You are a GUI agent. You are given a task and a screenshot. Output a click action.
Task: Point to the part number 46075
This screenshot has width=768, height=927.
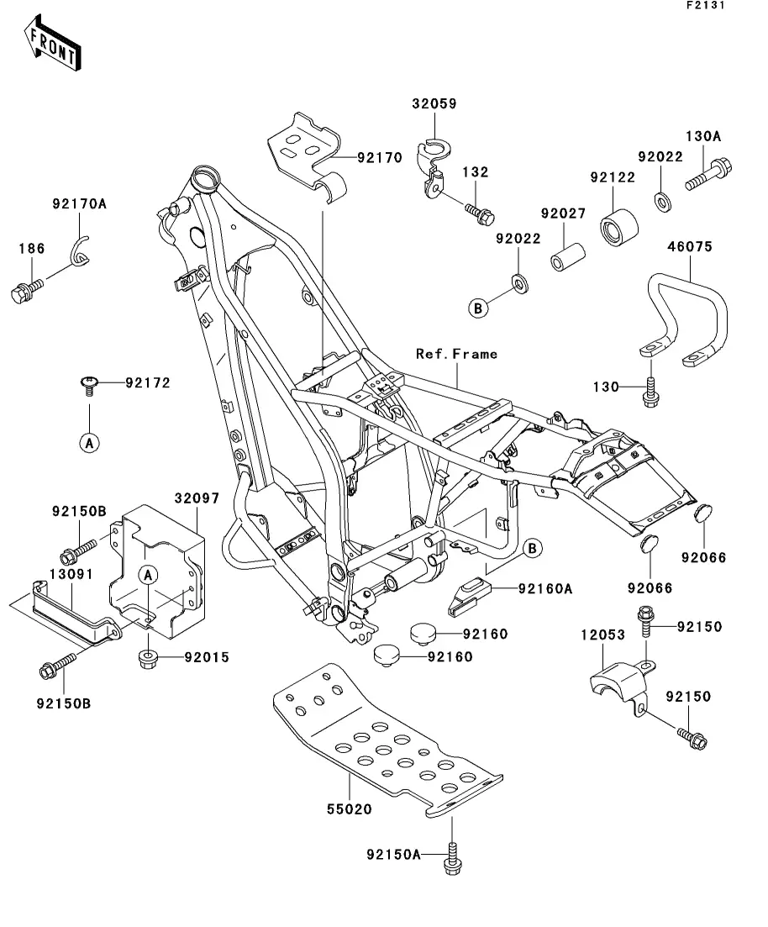click(x=690, y=247)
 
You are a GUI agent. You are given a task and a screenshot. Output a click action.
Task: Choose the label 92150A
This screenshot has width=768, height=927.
click(x=393, y=855)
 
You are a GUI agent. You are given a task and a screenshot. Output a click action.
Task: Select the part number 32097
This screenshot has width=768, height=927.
click(x=197, y=498)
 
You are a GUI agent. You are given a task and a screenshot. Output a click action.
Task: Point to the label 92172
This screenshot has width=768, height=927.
click(x=148, y=383)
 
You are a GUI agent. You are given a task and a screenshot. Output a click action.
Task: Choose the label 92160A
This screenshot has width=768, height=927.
click(x=544, y=590)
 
